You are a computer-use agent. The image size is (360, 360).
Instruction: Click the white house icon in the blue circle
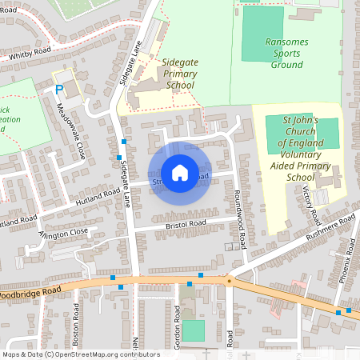coord(180,172)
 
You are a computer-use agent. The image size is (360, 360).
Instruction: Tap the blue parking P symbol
coord(58,90)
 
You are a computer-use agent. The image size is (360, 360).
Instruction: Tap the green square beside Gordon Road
coord(193,330)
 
